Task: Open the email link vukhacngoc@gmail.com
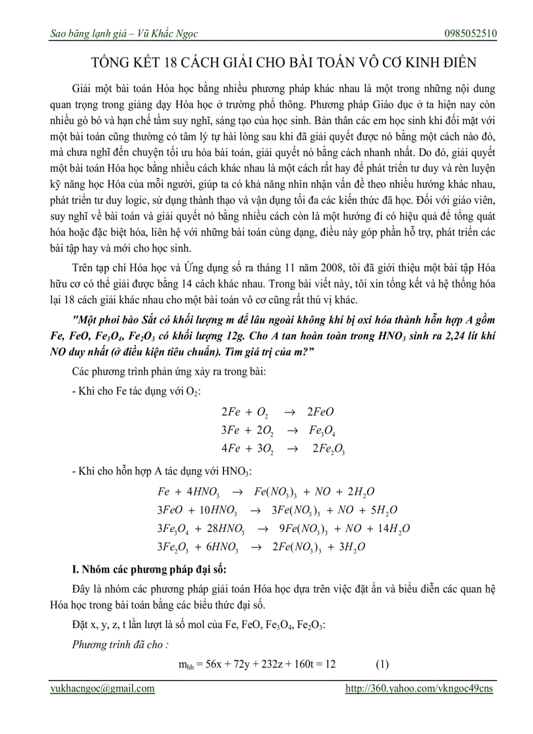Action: (103, 688)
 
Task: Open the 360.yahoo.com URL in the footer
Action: (419, 688)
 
